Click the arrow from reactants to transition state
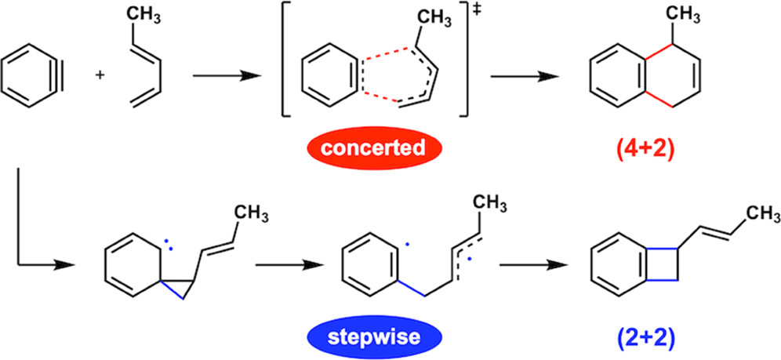pos(227,76)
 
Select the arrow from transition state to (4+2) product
pos(524,76)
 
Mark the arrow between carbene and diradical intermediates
pos(290,265)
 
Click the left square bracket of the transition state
pos(286,66)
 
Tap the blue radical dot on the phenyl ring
pos(407,245)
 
